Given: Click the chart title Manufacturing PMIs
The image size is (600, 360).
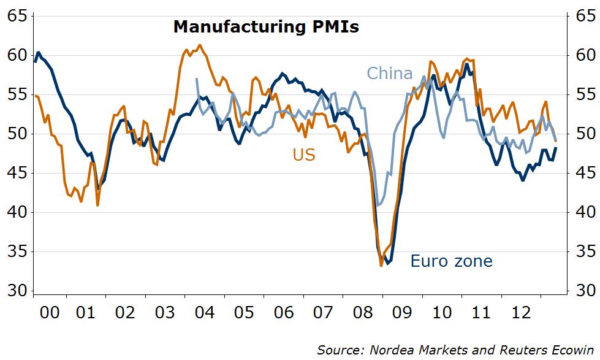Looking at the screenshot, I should pos(265,27).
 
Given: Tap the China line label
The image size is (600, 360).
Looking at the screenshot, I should pos(389,74).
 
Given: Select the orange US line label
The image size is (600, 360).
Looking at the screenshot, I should pos(304,155).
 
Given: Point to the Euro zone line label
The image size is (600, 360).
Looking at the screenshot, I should pos(451,261).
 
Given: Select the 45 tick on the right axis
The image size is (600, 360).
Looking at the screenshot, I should pos(581,174).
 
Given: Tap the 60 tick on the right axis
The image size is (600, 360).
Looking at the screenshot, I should pos(581,56).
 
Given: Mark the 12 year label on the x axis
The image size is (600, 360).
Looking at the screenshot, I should pos(522,313).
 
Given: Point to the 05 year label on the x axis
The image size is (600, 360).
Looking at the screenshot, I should pos(245,313).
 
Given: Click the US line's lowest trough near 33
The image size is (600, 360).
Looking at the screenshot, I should pos(381,265).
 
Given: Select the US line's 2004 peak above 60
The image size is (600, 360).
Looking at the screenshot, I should pos(200,45).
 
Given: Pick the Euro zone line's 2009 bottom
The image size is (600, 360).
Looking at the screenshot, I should pos(387,264).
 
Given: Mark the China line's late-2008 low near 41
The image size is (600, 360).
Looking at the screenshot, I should pos(379,205).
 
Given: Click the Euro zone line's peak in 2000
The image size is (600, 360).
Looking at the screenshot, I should pos(39,53).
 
